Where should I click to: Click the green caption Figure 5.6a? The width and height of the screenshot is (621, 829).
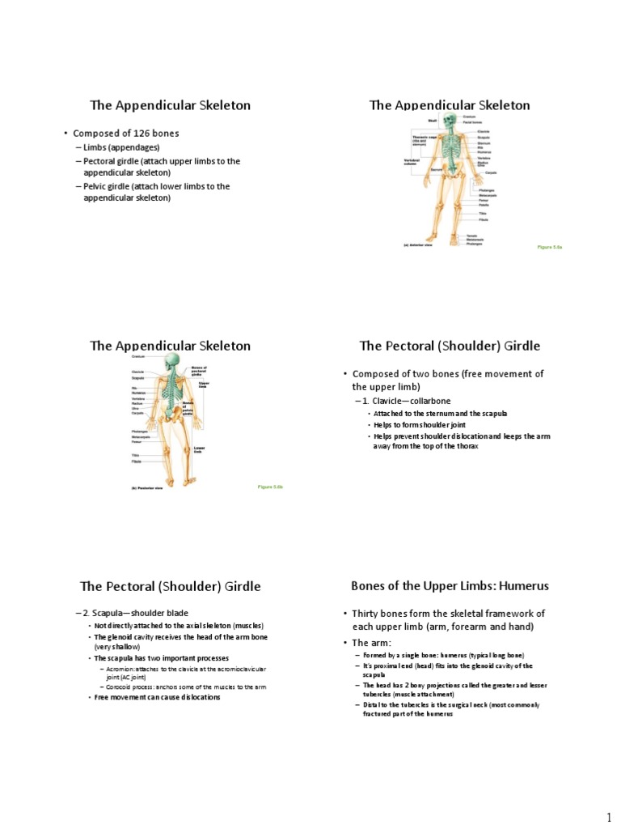[549, 245]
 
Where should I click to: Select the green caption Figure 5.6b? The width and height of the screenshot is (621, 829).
[269, 487]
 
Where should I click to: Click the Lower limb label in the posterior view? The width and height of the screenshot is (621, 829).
[199, 449]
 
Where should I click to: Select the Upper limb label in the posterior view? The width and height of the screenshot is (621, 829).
[204, 385]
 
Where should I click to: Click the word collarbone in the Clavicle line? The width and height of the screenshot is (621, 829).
[428, 401]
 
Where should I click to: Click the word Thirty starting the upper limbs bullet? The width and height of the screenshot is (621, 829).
[369, 613]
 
